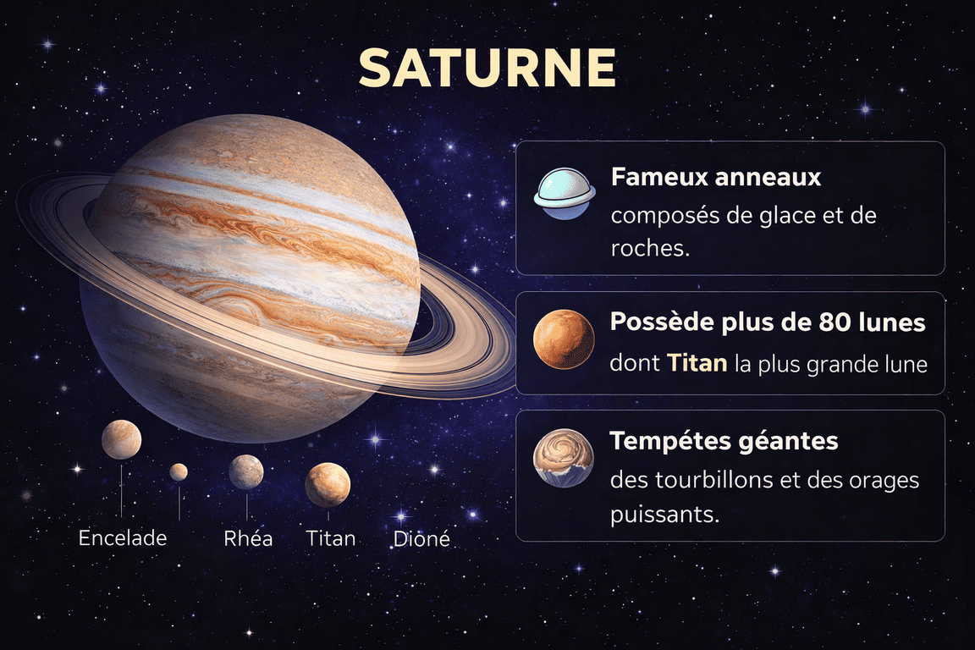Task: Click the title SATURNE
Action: click(x=487, y=68)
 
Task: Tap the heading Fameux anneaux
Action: click(x=716, y=178)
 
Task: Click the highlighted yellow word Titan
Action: click(x=697, y=365)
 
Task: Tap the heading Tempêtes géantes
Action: click(x=724, y=441)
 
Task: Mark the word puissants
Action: click(x=664, y=513)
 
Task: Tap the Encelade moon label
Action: click(x=123, y=537)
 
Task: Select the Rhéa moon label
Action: click(x=248, y=537)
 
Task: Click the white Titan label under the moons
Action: click(x=331, y=537)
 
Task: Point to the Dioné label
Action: click(x=421, y=538)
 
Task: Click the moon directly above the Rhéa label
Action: click(x=246, y=471)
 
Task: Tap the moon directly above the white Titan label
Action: click(x=328, y=484)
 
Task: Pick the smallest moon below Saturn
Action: click(x=179, y=471)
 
